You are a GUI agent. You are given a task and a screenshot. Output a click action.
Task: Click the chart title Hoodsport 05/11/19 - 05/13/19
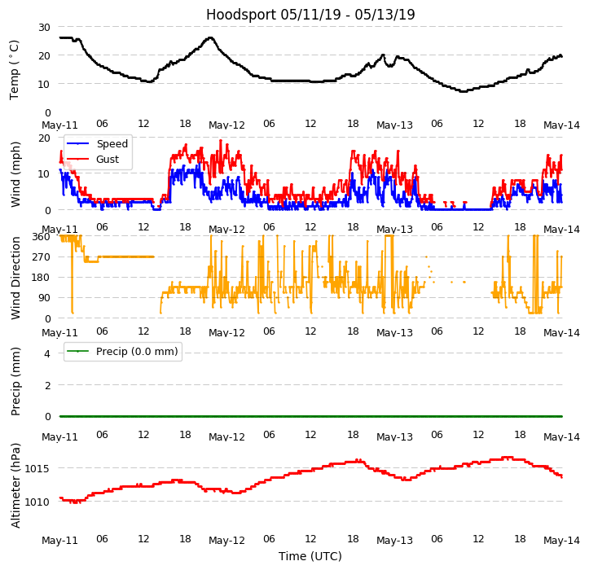[310, 15]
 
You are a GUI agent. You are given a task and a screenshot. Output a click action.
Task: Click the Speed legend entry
[112, 144]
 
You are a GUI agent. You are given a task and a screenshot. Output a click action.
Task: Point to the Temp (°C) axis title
[15, 69]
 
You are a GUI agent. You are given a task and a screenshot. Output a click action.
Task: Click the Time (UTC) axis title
[310, 556]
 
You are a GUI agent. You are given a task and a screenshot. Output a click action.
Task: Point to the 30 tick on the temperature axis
[43, 27]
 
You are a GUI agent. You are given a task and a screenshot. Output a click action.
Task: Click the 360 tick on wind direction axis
[40, 237]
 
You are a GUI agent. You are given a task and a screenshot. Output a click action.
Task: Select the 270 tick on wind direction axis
[40, 257]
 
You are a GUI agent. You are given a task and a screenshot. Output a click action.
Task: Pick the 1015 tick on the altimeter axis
[37, 468]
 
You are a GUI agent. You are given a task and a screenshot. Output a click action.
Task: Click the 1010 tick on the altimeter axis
[37, 502]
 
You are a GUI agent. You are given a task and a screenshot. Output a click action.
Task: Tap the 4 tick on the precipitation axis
[47, 354]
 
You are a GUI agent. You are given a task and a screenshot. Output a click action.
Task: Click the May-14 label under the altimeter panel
[562, 541]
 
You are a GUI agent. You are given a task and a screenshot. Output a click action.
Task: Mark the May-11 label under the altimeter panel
[59, 541]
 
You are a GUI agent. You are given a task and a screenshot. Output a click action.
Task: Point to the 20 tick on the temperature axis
[43, 55]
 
